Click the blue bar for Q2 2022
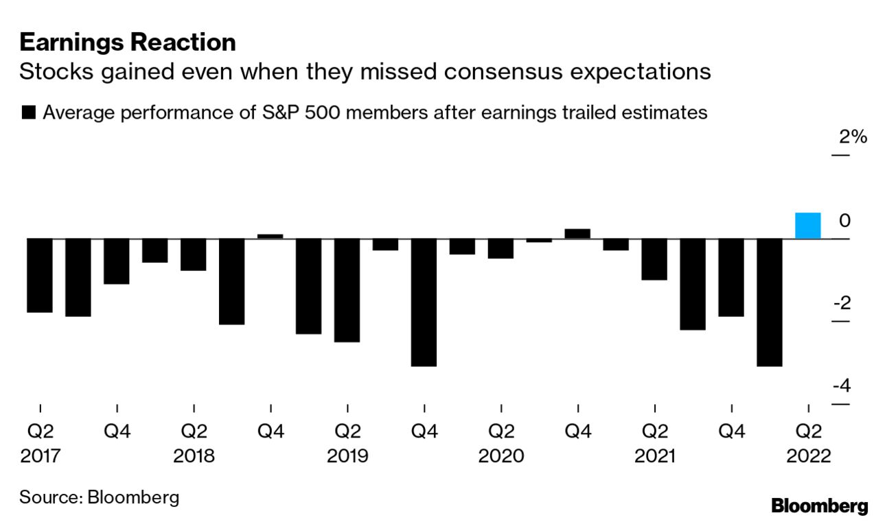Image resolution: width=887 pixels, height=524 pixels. (x=807, y=226)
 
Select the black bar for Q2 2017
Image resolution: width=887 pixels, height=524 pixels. (x=41, y=275)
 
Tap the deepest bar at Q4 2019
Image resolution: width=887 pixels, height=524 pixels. (x=424, y=302)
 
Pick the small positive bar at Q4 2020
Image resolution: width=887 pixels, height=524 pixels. (x=577, y=233)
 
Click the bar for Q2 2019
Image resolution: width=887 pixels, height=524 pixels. (x=347, y=289)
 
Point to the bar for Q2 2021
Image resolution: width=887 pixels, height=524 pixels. (x=654, y=259)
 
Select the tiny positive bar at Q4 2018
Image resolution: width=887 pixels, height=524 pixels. (x=270, y=236)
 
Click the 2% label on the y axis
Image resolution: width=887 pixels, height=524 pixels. (x=853, y=137)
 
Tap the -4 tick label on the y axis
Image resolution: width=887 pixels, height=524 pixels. (x=842, y=386)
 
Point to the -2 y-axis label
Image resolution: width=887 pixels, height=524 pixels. (x=842, y=303)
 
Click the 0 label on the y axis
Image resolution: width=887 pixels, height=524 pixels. (x=845, y=221)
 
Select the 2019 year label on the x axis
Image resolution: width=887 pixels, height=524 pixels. (x=348, y=456)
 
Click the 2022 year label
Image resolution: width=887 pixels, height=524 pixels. (x=808, y=456)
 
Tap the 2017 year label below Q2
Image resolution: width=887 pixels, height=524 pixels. (x=41, y=456)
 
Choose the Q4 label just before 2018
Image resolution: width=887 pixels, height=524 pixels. (x=117, y=431)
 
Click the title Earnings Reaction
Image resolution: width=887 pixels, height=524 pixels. (x=128, y=43)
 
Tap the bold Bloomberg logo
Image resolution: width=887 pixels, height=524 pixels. (x=820, y=506)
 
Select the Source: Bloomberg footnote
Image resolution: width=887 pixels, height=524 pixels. (x=100, y=497)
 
